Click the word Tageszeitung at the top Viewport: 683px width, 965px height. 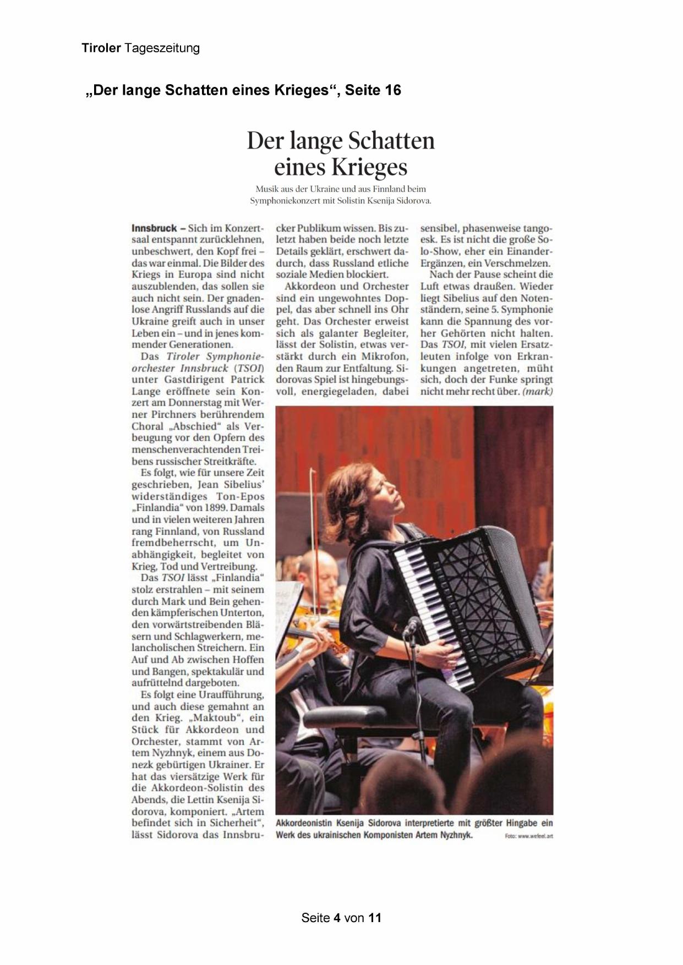[162, 48]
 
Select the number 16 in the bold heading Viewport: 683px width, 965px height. [393, 90]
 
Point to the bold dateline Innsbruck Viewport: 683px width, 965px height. [154, 228]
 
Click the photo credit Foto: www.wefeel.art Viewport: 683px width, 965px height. [528, 836]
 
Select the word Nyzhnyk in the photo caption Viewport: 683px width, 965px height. [456, 835]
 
